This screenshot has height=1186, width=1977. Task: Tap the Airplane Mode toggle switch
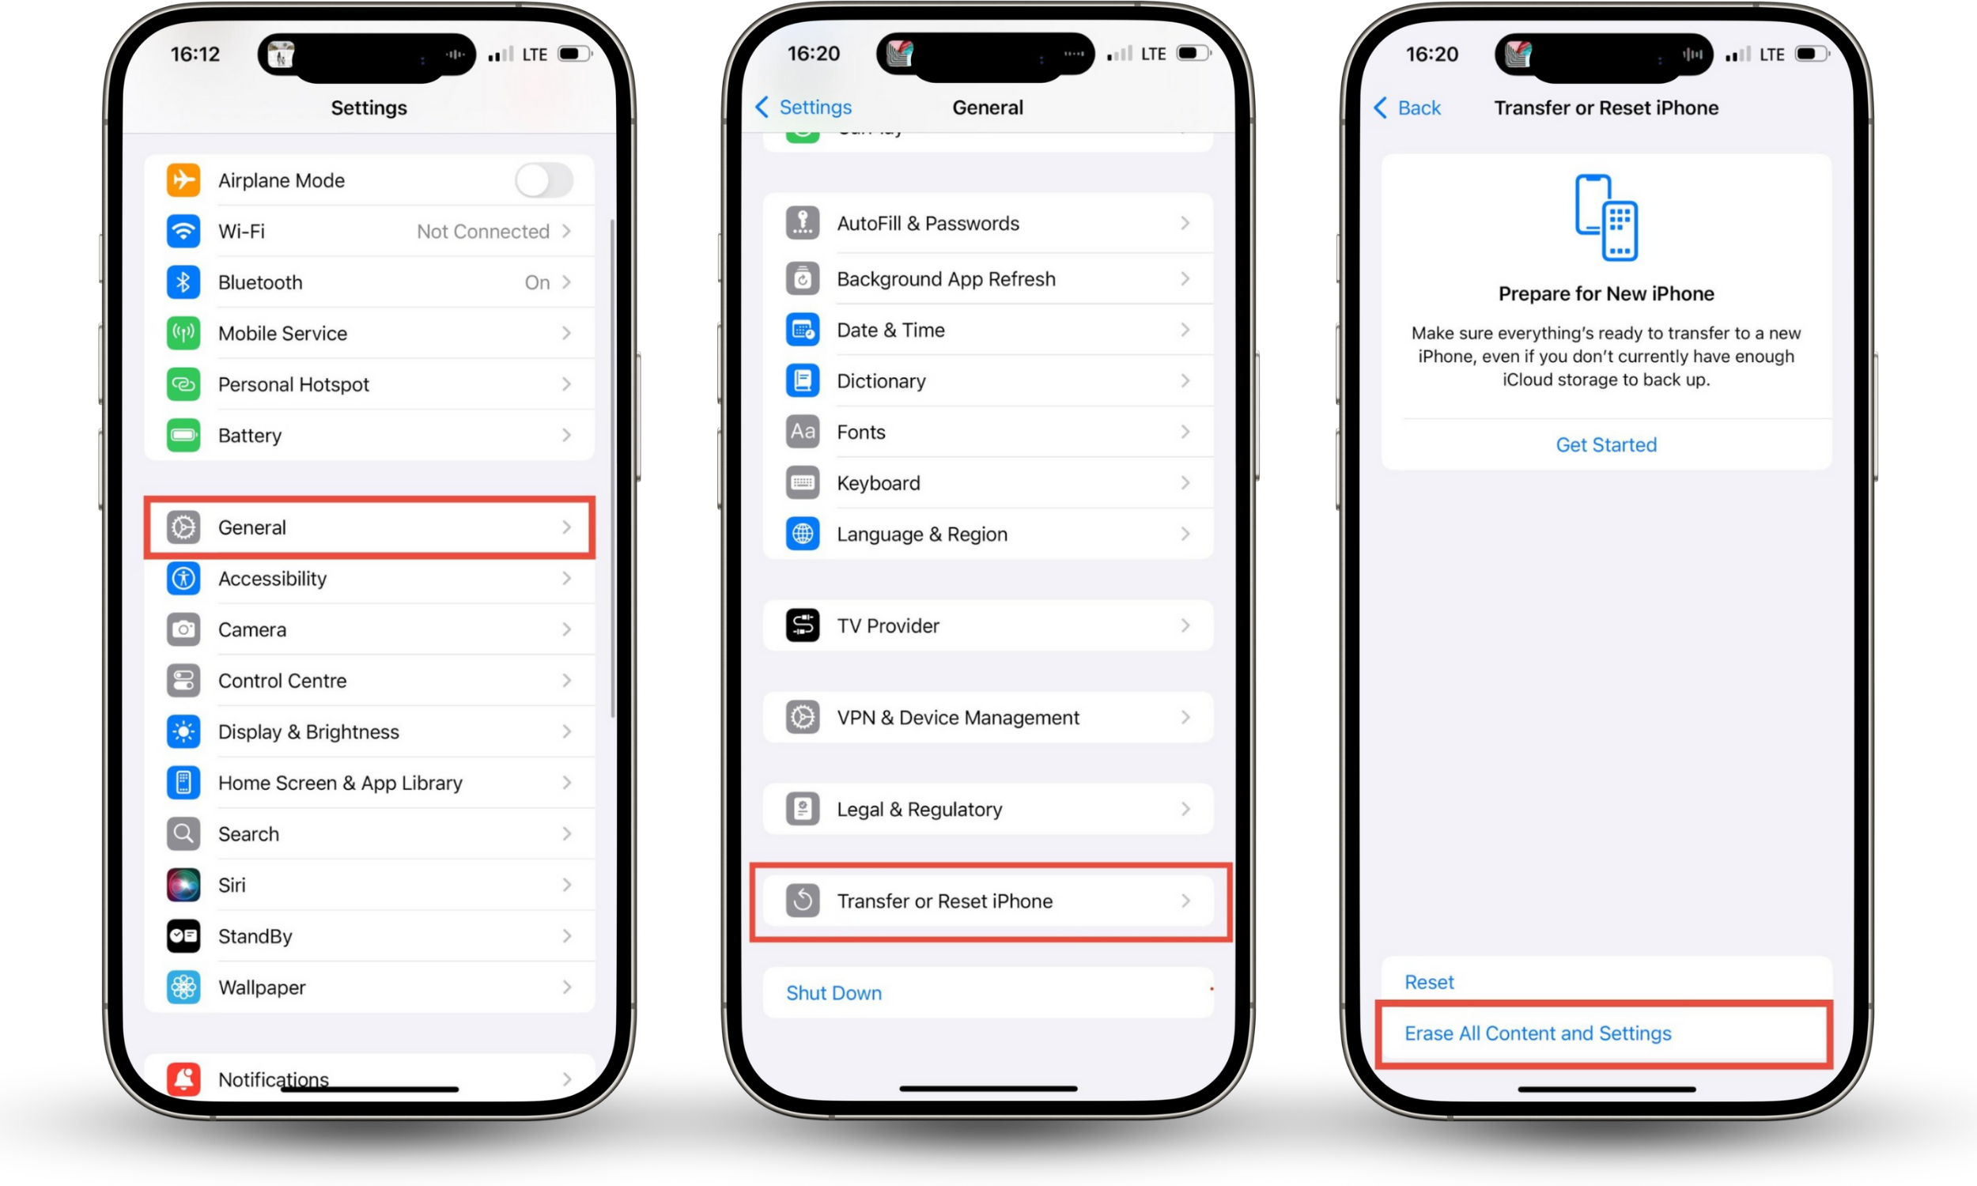(x=543, y=180)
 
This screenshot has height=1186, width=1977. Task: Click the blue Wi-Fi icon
(x=183, y=231)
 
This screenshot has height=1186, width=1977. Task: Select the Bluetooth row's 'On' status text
(x=537, y=282)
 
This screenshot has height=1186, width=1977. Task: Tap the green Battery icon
(x=183, y=436)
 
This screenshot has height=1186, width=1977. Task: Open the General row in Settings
(x=369, y=527)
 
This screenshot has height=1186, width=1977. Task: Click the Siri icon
(x=183, y=885)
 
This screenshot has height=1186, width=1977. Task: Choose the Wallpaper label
(x=261, y=987)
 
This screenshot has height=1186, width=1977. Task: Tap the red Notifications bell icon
(x=183, y=1079)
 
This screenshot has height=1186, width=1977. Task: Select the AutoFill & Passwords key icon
(x=803, y=223)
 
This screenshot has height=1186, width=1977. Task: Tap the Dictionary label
(x=881, y=381)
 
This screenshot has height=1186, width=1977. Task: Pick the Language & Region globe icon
(x=803, y=534)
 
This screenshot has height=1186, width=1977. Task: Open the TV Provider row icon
(x=803, y=625)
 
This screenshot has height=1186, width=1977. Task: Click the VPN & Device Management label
(x=958, y=718)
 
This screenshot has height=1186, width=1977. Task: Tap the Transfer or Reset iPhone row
(x=989, y=901)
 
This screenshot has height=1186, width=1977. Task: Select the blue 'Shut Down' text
(x=834, y=992)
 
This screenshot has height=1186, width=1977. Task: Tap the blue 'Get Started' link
(x=1605, y=444)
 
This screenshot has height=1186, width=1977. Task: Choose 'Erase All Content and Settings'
(x=1537, y=1033)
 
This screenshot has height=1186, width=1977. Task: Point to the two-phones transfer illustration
(x=1605, y=217)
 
